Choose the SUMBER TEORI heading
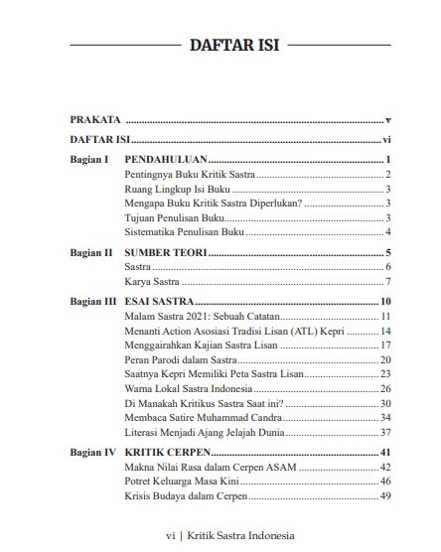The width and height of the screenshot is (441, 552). (x=166, y=253)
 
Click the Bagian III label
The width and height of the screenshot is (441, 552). (x=92, y=301)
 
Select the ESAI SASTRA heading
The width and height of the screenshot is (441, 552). (x=158, y=301)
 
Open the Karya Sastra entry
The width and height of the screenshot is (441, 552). (x=151, y=283)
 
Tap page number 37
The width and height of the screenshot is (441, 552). (x=387, y=433)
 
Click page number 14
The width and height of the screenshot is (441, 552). (x=387, y=330)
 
